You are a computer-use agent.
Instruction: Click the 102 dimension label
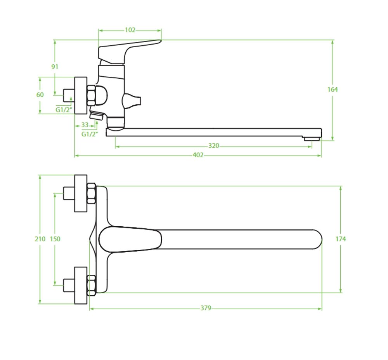pyautogui.click(x=130, y=30)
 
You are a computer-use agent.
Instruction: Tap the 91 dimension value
pyautogui.click(x=55, y=67)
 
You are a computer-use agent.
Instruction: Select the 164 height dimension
pyautogui.click(x=333, y=90)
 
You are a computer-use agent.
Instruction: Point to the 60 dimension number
pyautogui.click(x=40, y=95)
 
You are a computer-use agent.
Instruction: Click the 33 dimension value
pyautogui.click(x=85, y=125)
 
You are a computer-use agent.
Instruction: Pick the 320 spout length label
pyautogui.click(x=213, y=146)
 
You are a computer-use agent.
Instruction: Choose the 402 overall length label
pyautogui.click(x=198, y=155)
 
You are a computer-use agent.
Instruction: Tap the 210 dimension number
pyautogui.click(x=40, y=239)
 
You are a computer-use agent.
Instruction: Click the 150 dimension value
pyautogui.click(x=55, y=239)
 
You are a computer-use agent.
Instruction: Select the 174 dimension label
pyautogui.click(x=341, y=239)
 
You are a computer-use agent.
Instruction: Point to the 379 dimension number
pyautogui.click(x=206, y=308)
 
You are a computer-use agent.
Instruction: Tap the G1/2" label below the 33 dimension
pyautogui.click(x=90, y=134)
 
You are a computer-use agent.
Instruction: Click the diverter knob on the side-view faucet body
pyautogui.click(x=132, y=101)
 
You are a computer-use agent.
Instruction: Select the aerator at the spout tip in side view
pyautogui.click(x=312, y=139)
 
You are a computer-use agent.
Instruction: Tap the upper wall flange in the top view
pyautogui.click(x=81, y=193)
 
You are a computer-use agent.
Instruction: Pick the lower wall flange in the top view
pyautogui.click(x=81, y=285)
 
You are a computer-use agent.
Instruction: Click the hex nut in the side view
pyautogui.click(x=91, y=95)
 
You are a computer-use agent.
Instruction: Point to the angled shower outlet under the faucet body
pyautogui.click(x=97, y=115)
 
